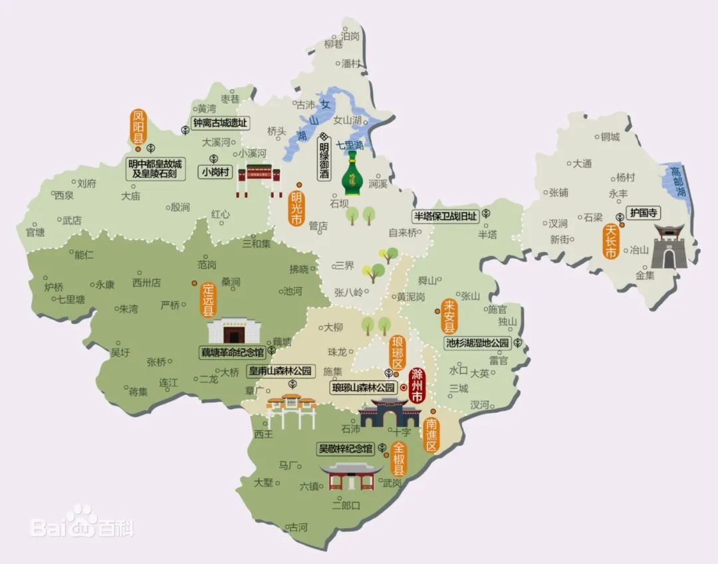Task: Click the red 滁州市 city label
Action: [418, 385]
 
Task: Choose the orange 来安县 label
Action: [449, 317]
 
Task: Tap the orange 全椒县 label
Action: [399, 459]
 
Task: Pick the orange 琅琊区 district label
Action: [398, 353]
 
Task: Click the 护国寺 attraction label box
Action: [644, 213]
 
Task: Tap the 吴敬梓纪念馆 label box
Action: [345, 448]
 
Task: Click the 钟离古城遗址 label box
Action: [219, 123]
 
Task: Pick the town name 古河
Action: [297, 527]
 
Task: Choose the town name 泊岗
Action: [350, 35]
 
